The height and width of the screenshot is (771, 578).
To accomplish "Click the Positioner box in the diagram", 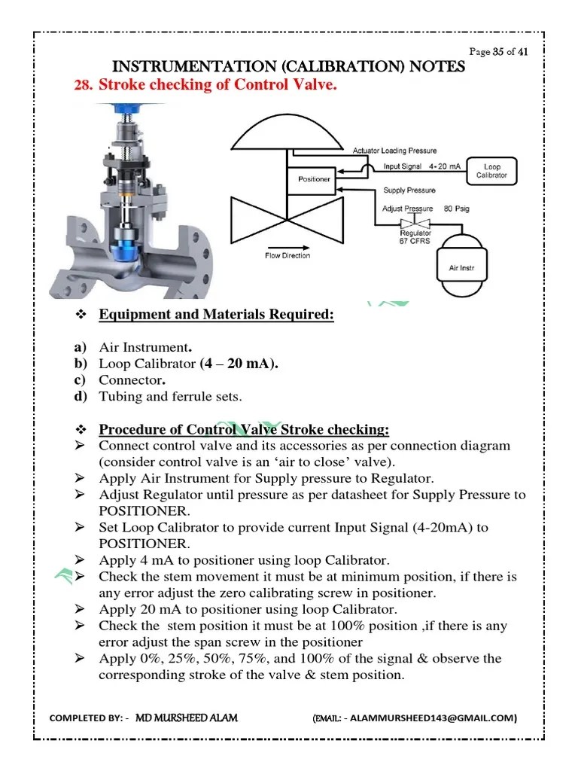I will coord(314,179).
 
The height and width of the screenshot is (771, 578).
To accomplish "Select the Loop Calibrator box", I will coord(491,171).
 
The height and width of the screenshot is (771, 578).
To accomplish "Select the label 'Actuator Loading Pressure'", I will coord(394,151).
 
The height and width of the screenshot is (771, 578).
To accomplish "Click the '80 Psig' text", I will coord(457,209).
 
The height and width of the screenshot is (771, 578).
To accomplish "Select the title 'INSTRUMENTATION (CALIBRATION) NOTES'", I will coord(288,68).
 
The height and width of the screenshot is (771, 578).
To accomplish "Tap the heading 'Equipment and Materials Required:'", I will coord(216,314).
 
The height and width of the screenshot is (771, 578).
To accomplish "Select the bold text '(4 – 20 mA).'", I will coord(239,364).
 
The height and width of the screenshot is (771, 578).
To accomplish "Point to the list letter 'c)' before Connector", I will coord(80,380).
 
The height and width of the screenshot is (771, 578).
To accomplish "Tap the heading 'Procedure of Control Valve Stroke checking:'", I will coord(244,429).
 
